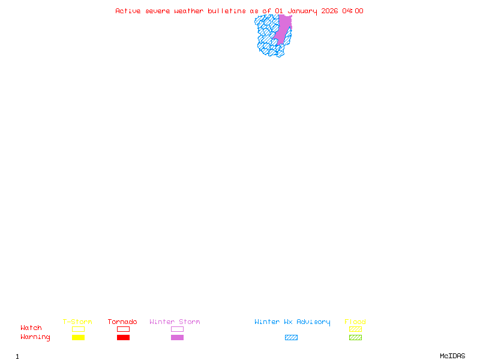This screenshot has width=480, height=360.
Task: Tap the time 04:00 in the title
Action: [x=353, y=11]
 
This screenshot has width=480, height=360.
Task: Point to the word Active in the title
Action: [x=128, y=11]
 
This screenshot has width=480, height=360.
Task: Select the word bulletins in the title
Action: [x=227, y=11]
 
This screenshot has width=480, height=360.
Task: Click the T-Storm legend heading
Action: [x=77, y=322]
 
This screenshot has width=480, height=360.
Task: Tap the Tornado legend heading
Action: [x=122, y=322]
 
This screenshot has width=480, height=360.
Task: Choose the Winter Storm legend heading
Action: [x=175, y=322]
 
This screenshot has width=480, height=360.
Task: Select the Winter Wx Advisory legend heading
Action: [x=292, y=322]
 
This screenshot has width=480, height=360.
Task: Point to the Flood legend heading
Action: [x=355, y=322]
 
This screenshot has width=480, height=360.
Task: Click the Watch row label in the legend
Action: [x=31, y=328]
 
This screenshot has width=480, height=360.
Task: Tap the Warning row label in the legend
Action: [x=35, y=337]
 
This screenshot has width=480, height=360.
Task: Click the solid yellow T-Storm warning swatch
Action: [x=78, y=337]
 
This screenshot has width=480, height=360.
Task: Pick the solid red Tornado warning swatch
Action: [x=123, y=337]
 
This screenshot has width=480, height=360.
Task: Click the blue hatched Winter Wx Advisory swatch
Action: [x=291, y=337]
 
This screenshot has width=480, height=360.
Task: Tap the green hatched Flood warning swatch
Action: [x=355, y=337]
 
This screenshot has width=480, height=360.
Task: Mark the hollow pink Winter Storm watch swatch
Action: [x=177, y=329]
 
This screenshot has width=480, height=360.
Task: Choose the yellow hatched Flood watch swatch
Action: [x=355, y=329]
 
